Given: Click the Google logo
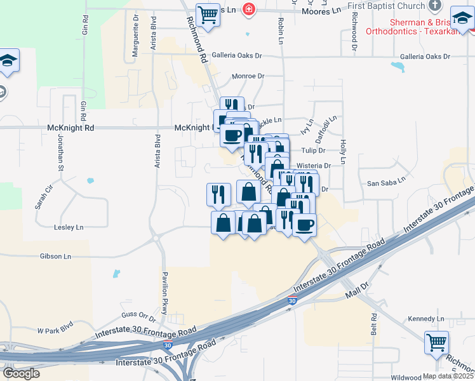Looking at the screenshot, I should pos(20,373).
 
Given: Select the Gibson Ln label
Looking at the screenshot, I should pos(55,256).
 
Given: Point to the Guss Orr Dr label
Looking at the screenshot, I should pos(138,316).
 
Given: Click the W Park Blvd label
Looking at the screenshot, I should pos(55,330).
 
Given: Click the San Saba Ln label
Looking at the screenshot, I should pos(386,184).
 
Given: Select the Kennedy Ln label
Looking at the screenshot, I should pos(426,318).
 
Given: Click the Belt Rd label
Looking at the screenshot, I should pos(374,324).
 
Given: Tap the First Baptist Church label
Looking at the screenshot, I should pos(386,6).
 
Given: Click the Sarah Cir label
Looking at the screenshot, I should pos(42,197).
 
